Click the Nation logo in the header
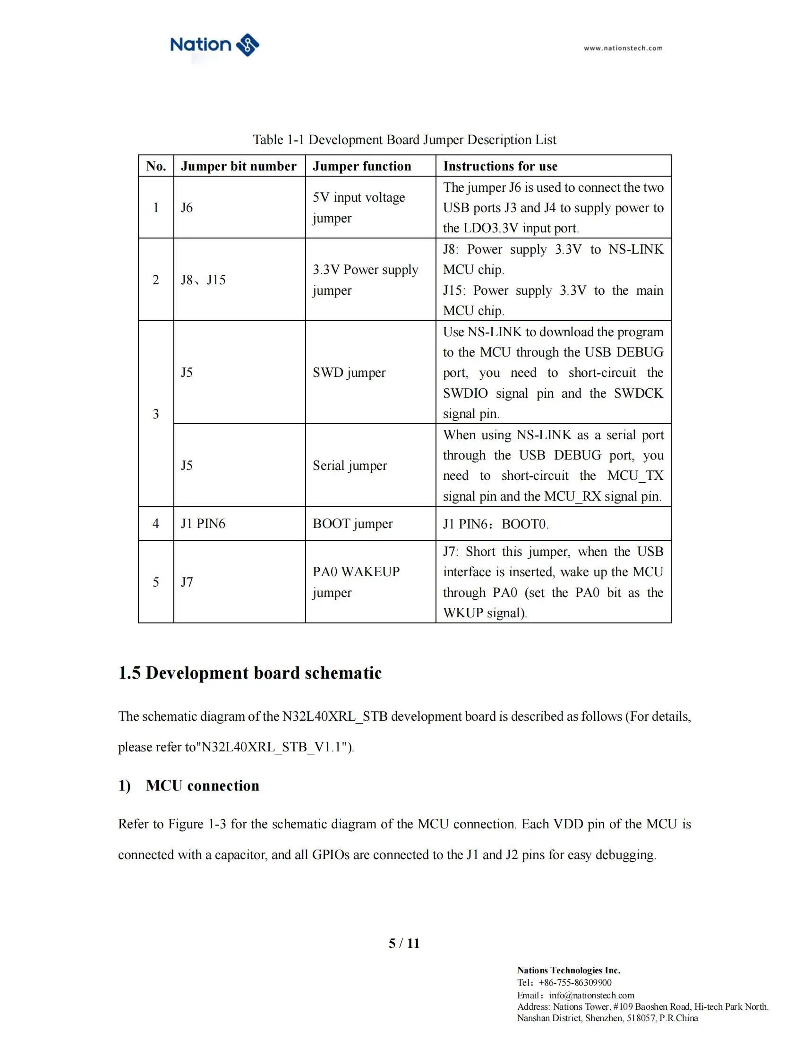[x=214, y=45]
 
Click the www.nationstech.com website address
[x=623, y=48]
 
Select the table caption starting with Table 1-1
[x=404, y=139]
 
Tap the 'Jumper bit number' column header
[x=239, y=166]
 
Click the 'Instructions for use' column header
[x=500, y=166]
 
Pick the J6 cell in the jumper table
[x=187, y=207]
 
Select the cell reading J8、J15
[x=203, y=280]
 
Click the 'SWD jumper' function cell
[x=349, y=372]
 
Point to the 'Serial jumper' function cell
[x=350, y=465]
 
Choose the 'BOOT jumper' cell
[x=352, y=523]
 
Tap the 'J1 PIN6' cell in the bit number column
[x=203, y=523]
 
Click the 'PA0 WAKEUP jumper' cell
[x=356, y=581]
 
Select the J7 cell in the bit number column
[x=187, y=582]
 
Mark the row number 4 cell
[x=155, y=523]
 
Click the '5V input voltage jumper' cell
[x=359, y=207]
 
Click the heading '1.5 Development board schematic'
[x=250, y=673]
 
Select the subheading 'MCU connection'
[x=202, y=785]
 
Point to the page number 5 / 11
[x=404, y=944]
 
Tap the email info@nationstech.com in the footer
[x=591, y=995]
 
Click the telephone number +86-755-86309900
[x=575, y=982]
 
